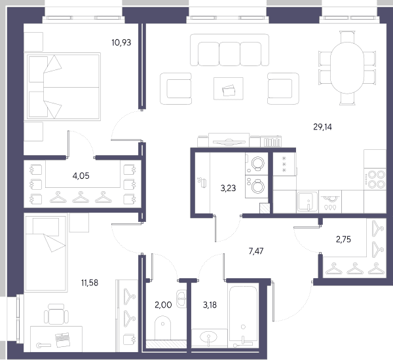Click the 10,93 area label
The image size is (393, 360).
[x=121, y=43]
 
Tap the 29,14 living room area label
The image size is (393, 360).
[x=322, y=127]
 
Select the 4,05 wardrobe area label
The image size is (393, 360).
[x=81, y=176]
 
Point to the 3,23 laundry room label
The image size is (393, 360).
[x=228, y=188]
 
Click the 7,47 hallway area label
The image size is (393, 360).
[x=256, y=251]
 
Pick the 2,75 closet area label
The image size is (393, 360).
[x=343, y=240]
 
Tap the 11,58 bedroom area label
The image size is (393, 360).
[x=90, y=283]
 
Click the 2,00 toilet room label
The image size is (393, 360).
[x=163, y=305]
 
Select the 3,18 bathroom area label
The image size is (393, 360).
[x=210, y=305]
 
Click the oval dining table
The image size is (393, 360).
[x=347, y=68]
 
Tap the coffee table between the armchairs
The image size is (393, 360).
[x=229, y=88]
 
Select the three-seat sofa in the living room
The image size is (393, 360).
[x=229, y=50]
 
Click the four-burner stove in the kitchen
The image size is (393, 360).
[x=375, y=179]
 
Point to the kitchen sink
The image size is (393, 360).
[x=308, y=201]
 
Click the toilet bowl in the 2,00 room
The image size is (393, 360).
[x=162, y=328]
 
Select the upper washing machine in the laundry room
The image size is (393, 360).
[x=257, y=164]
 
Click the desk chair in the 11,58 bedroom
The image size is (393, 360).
[x=56, y=314]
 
